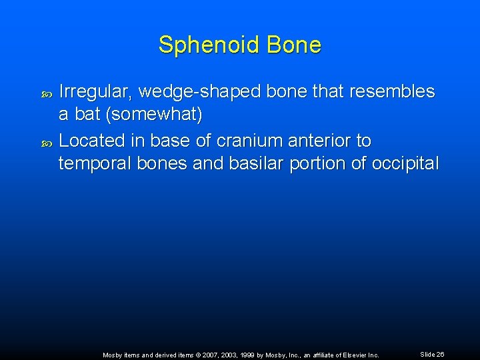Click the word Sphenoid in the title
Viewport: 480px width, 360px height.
click(209, 45)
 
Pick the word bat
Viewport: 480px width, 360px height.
click(87, 115)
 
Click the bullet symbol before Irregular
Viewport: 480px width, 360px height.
click(46, 93)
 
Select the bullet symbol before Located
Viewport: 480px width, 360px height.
click(46, 142)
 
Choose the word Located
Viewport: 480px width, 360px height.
click(92, 141)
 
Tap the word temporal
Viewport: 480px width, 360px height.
click(95, 164)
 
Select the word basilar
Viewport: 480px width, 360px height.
click(246, 164)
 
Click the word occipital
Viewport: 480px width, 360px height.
click(403, 164)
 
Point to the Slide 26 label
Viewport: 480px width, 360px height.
click(432, 355)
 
